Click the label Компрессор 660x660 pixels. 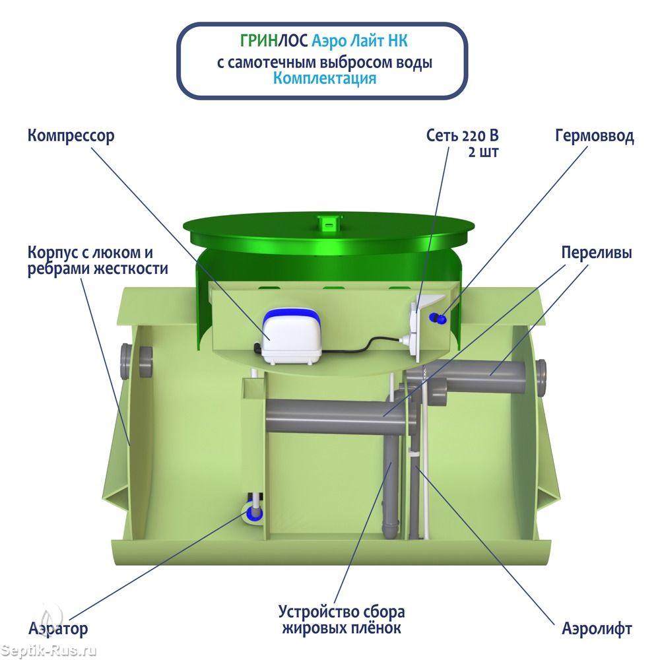pos(71,136)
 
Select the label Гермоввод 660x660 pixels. pos(594,137)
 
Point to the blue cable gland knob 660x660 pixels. pos(436,319)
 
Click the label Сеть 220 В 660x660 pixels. pos(461,137)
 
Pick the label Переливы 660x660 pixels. pos(596,253)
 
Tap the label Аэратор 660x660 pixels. pos(58,628)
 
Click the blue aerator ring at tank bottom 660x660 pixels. pos(253,512)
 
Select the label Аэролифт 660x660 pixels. pos(597,628)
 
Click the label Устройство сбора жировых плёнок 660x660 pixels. pos(341,619)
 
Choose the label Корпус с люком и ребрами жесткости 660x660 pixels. pos(98,261)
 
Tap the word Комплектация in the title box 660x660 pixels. pos(325,78)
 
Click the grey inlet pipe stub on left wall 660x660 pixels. pos(127,358)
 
